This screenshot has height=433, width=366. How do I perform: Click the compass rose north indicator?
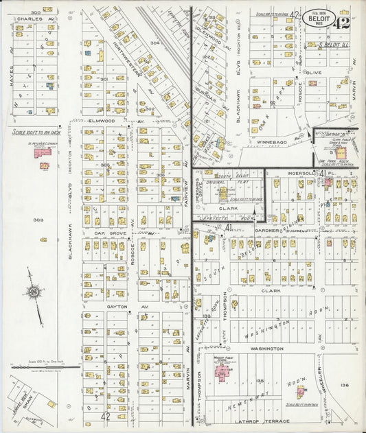point(33,293)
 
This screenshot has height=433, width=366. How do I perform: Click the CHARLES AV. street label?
point(31,19)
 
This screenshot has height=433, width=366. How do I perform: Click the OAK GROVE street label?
point(108,233)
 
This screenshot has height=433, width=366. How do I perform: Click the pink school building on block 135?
point(222,371)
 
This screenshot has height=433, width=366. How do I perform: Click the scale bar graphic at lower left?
point(41,367)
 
